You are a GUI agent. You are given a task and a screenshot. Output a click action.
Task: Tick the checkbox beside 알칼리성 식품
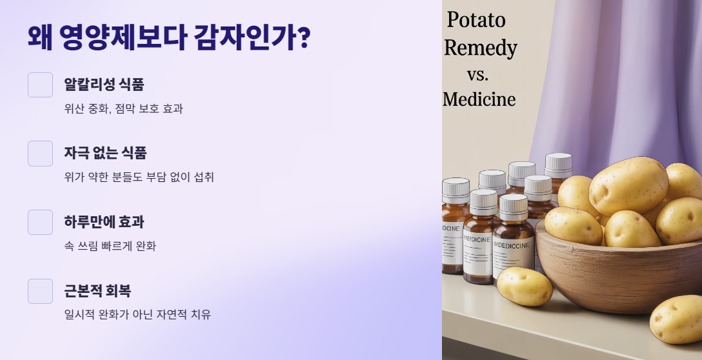click(40, 85)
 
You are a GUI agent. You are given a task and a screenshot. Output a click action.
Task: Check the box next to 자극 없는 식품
click(40, 154)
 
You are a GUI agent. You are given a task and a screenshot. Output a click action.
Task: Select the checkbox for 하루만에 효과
click(40, 222)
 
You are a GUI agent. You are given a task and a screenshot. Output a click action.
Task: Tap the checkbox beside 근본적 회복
click(40, 291)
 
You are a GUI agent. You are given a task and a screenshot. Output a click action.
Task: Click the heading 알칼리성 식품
click(104, 85)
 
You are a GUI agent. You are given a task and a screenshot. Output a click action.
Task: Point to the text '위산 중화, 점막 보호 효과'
click(123, 108)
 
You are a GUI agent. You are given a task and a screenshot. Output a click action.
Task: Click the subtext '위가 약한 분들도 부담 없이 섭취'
click(139, 177)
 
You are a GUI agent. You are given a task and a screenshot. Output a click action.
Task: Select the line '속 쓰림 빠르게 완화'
click(110, 246)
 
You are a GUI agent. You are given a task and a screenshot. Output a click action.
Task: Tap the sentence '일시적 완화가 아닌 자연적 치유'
click(137, 315)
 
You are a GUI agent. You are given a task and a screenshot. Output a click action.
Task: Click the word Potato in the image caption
click(476, 21)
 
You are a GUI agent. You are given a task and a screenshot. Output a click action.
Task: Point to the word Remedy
click(481, 48)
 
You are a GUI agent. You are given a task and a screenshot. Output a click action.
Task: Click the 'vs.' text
click(477, 74)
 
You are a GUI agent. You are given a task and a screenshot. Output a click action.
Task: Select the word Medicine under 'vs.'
click(479, 99)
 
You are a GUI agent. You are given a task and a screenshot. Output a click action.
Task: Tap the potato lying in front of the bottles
click(524, 286)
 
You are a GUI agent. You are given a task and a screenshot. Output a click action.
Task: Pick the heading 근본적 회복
click(97, 291)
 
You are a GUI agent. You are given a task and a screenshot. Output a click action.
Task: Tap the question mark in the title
click(302, 37)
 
